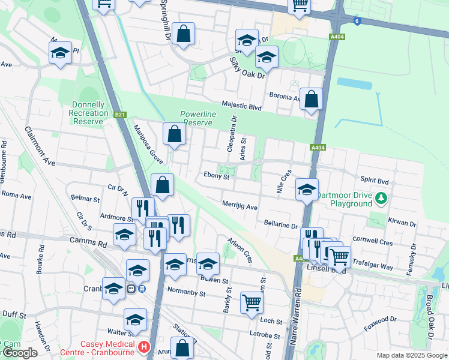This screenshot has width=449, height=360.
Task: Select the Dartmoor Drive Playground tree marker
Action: click(380, 197)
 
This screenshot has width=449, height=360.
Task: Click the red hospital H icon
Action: click(143, 347)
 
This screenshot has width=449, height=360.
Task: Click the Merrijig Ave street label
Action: click(240, 206)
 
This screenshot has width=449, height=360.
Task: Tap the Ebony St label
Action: click(217, 176)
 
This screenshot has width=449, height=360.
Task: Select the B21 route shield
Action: click(120, 114)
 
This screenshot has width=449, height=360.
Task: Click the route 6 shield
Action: click(357, 22)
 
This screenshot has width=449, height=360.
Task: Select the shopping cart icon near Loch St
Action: click(252, 302)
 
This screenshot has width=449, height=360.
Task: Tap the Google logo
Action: click(19, 353)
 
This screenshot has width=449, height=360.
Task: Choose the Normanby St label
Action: click(186, 295)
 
